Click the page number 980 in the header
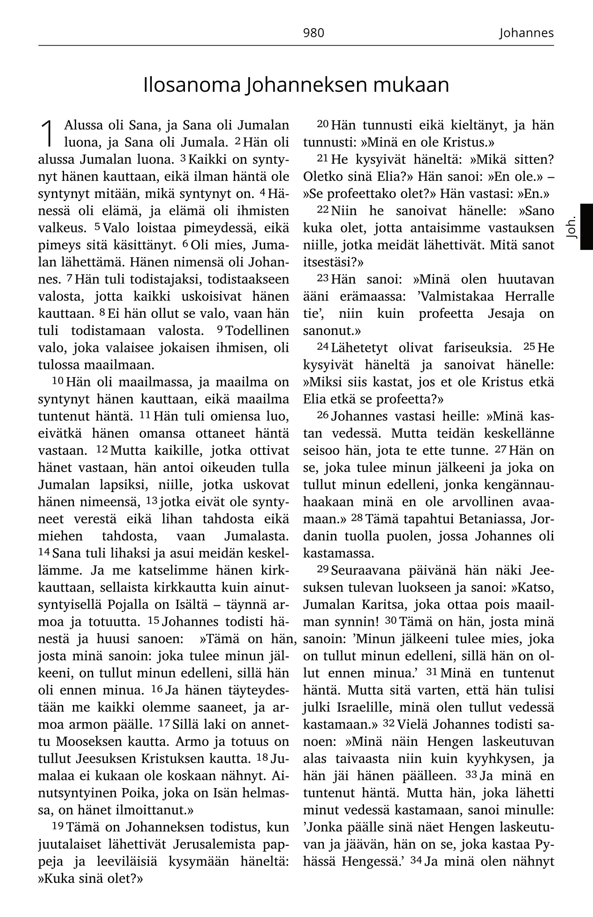point(313,33)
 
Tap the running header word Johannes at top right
point(526,33)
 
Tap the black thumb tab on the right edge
point(586,227)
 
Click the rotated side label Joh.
point(571,228)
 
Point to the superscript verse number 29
point(322,569)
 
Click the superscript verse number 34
point(416,860)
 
